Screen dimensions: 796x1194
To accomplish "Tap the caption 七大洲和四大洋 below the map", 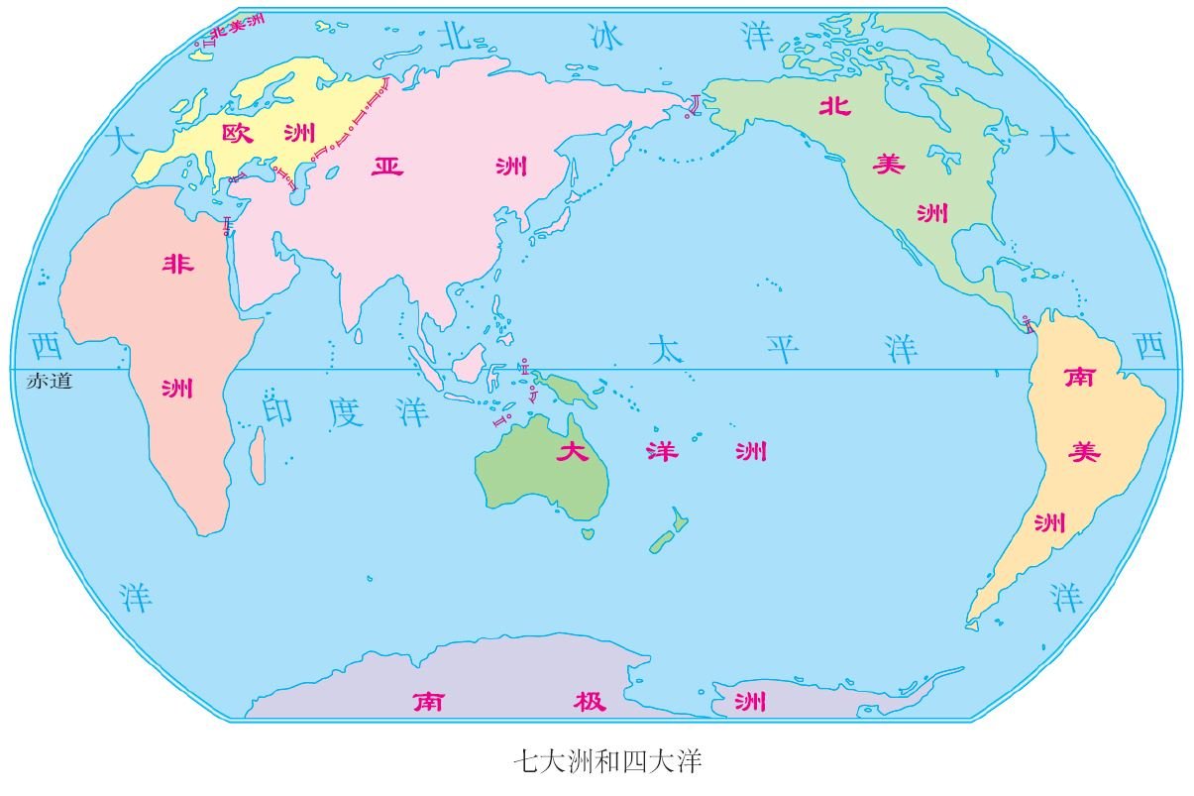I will pyautogui.click(x=607, y=761).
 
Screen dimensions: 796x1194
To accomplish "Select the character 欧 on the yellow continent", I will pyautogui.click(x=238, y=134).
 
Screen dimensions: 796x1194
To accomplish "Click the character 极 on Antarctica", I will pyautogui.click(x=582, y=702).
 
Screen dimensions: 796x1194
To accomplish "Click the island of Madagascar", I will pyautogui.click(x=258, y=456).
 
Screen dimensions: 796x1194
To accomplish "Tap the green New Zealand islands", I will pyautogui.click(x=669, y=532).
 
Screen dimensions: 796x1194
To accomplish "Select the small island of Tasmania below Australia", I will pyautogui.click(x=587, y=533).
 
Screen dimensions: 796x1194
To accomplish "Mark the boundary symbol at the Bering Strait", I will pyautogui.click(x=697, y=104).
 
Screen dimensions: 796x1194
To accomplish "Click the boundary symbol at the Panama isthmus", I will pyautogui.click(x=1028, y=320).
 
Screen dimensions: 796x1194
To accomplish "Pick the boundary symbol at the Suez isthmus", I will pyautogui.click(x=229, y=225).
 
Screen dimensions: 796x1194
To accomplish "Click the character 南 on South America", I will pyautogui.click(x=1078, y=378).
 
